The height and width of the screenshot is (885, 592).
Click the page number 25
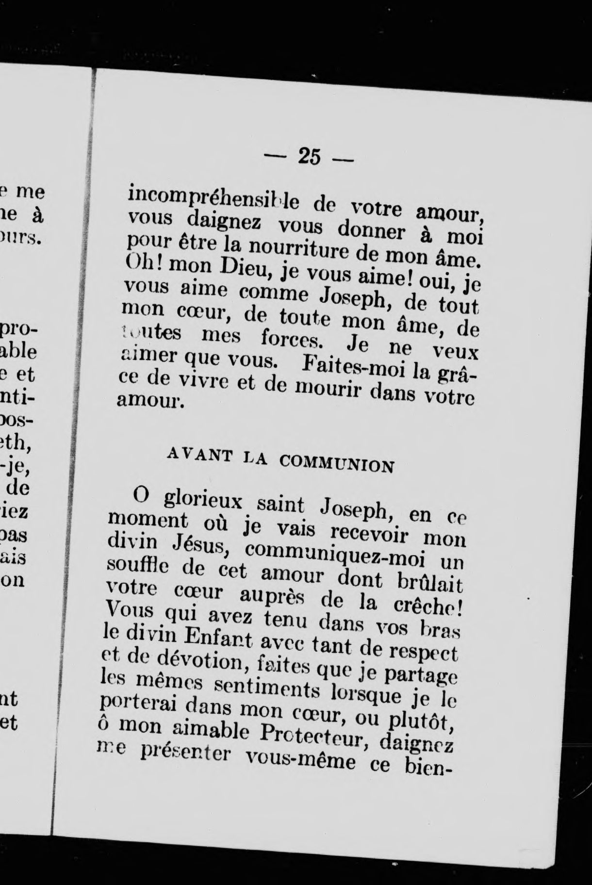point(309,157)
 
